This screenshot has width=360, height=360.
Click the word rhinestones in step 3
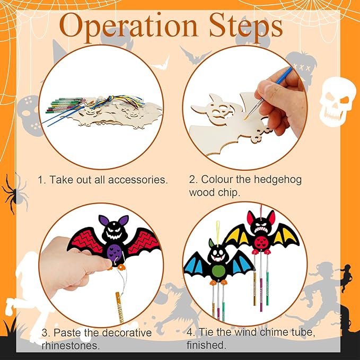70,346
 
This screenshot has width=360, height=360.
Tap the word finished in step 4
207,346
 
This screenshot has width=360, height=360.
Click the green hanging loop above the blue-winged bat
217,227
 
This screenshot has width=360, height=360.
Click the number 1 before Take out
40,180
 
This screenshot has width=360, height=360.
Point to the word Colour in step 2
216,179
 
